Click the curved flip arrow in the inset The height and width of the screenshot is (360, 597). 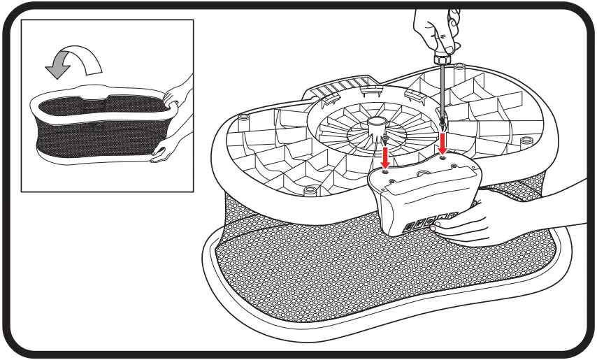click(73, 64)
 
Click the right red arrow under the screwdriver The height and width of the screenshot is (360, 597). click(442, 143)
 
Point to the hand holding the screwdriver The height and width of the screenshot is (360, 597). click(433, 28)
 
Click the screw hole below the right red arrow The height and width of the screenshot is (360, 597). click(443, 159)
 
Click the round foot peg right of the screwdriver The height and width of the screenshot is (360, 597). click(459, 68)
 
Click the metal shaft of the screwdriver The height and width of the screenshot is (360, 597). click(442, 91)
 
